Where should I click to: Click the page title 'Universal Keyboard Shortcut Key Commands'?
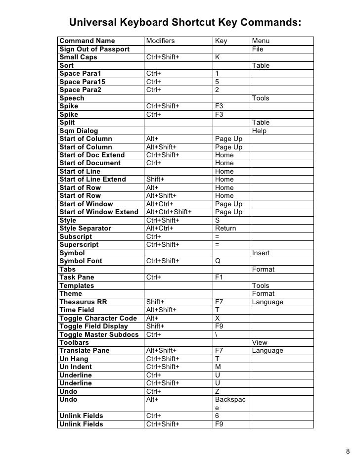pyautogui.click(x=185, y=23)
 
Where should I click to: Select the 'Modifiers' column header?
pyautogui.click(x=161, y=41)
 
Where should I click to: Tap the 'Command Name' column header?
pyautogui.click(x=87, y=41)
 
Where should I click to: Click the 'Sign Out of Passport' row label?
pyautogui.click(x=94, y=49)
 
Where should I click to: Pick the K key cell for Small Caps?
pyautogui.click(x=218, y=57)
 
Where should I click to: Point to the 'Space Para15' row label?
pyautogui.click(x=82, y=82)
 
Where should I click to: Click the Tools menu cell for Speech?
pyautogui.click(x=261, y=98)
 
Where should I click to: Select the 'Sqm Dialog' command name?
pyautogui.click(x=79, y=131)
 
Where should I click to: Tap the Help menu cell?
pyautogui.click(x=259, y=131)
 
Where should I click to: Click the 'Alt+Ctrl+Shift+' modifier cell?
pyautogui.click(x=169, y=212)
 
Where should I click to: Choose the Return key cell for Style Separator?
pyautogui.click(x=225, y=229)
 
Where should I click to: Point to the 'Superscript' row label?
pyautogui.click(x=79, y=245)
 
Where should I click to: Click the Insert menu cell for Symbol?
pyautogui.click(x=261, y=253)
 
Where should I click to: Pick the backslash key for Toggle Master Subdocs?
pyautogui.click(x=217, y=334)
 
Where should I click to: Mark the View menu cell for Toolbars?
pyautogui.click(x=260, y=342)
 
